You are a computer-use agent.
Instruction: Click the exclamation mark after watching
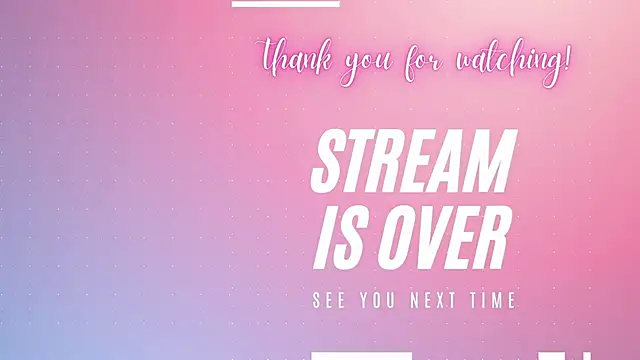coord(567,58)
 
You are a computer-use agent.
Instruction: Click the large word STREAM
coord(414,162)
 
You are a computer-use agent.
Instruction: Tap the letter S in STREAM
coord(331,162)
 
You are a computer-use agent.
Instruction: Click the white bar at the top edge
coord(285,3)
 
